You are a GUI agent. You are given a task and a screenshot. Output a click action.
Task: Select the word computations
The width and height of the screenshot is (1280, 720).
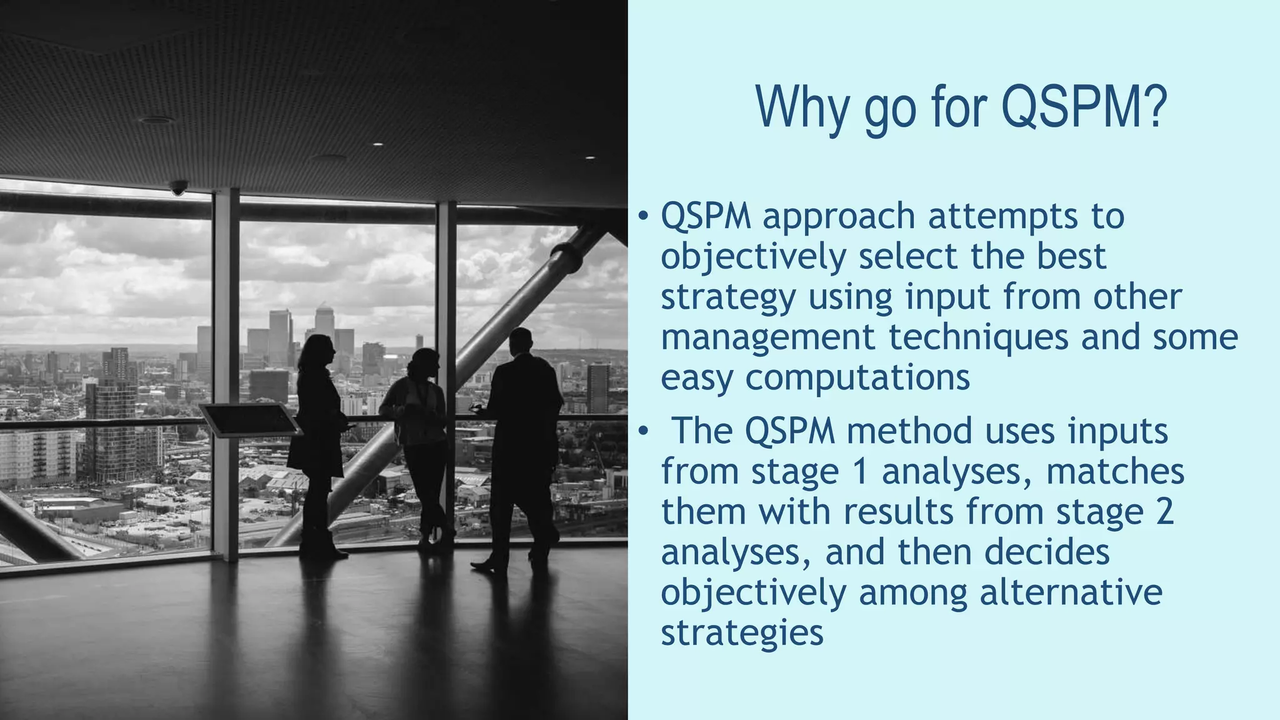(x=857, y=378)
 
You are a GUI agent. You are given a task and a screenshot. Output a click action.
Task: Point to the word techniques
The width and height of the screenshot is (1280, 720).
(x=979, y=337)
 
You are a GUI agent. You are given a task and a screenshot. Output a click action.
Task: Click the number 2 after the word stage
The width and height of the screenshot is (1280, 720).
(x=1164, y=512)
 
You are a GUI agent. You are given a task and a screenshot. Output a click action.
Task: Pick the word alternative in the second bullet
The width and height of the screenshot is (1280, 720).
(x=1071, y=592)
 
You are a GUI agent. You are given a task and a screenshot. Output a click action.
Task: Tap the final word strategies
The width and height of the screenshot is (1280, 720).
(x=742, y=633)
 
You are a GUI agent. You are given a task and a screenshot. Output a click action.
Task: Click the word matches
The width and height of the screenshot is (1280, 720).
(x=1115, y=472)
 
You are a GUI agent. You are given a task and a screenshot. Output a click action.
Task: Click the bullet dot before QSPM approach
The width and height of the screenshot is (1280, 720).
(x=642, y=217)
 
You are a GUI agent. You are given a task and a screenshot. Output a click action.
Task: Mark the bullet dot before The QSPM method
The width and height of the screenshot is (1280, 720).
(x=643, y=432)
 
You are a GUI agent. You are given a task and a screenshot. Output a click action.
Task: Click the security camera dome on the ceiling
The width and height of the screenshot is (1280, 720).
(x=179, y=187)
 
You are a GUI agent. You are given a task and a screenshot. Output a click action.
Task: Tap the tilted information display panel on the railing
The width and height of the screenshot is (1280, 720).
(x=250, y=419)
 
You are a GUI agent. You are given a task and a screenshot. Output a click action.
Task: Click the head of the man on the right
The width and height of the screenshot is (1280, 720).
(x=520, y=341)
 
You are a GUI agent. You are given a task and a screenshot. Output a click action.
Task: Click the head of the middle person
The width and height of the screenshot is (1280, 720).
(x=424, y=363)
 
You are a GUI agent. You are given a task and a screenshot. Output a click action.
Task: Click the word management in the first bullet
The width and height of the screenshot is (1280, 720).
(x=768, y=337)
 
